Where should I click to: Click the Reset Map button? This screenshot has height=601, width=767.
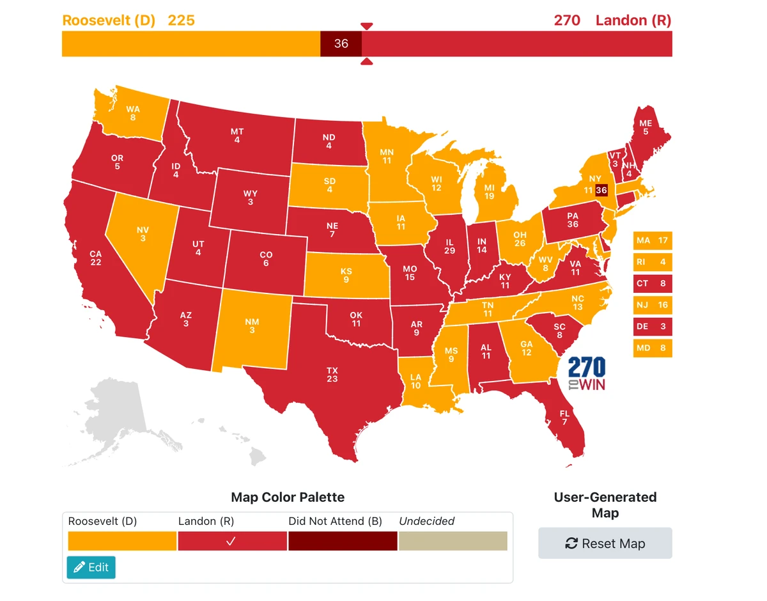605,543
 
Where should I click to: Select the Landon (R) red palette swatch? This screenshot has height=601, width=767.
232,541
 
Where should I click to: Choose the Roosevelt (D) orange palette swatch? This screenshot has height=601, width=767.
122,541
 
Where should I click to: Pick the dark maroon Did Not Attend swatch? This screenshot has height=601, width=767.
343,541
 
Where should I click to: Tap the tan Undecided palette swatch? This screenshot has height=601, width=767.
453,541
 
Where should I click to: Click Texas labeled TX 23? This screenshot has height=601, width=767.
332,375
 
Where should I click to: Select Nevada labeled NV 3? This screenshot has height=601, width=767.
142,233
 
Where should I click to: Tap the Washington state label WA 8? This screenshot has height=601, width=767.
132,113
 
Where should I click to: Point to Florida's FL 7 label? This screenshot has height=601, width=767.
564,418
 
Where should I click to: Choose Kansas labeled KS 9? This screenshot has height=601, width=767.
346,275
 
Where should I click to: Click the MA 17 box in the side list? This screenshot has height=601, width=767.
653,240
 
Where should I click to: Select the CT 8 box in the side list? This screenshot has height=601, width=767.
653,283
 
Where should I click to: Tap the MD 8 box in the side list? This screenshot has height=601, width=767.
653,348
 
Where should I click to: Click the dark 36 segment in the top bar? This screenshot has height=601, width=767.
341,43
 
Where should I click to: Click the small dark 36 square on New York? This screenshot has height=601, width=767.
601,191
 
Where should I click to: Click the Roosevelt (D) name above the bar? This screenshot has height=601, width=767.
109,20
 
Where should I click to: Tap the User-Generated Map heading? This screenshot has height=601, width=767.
605,504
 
